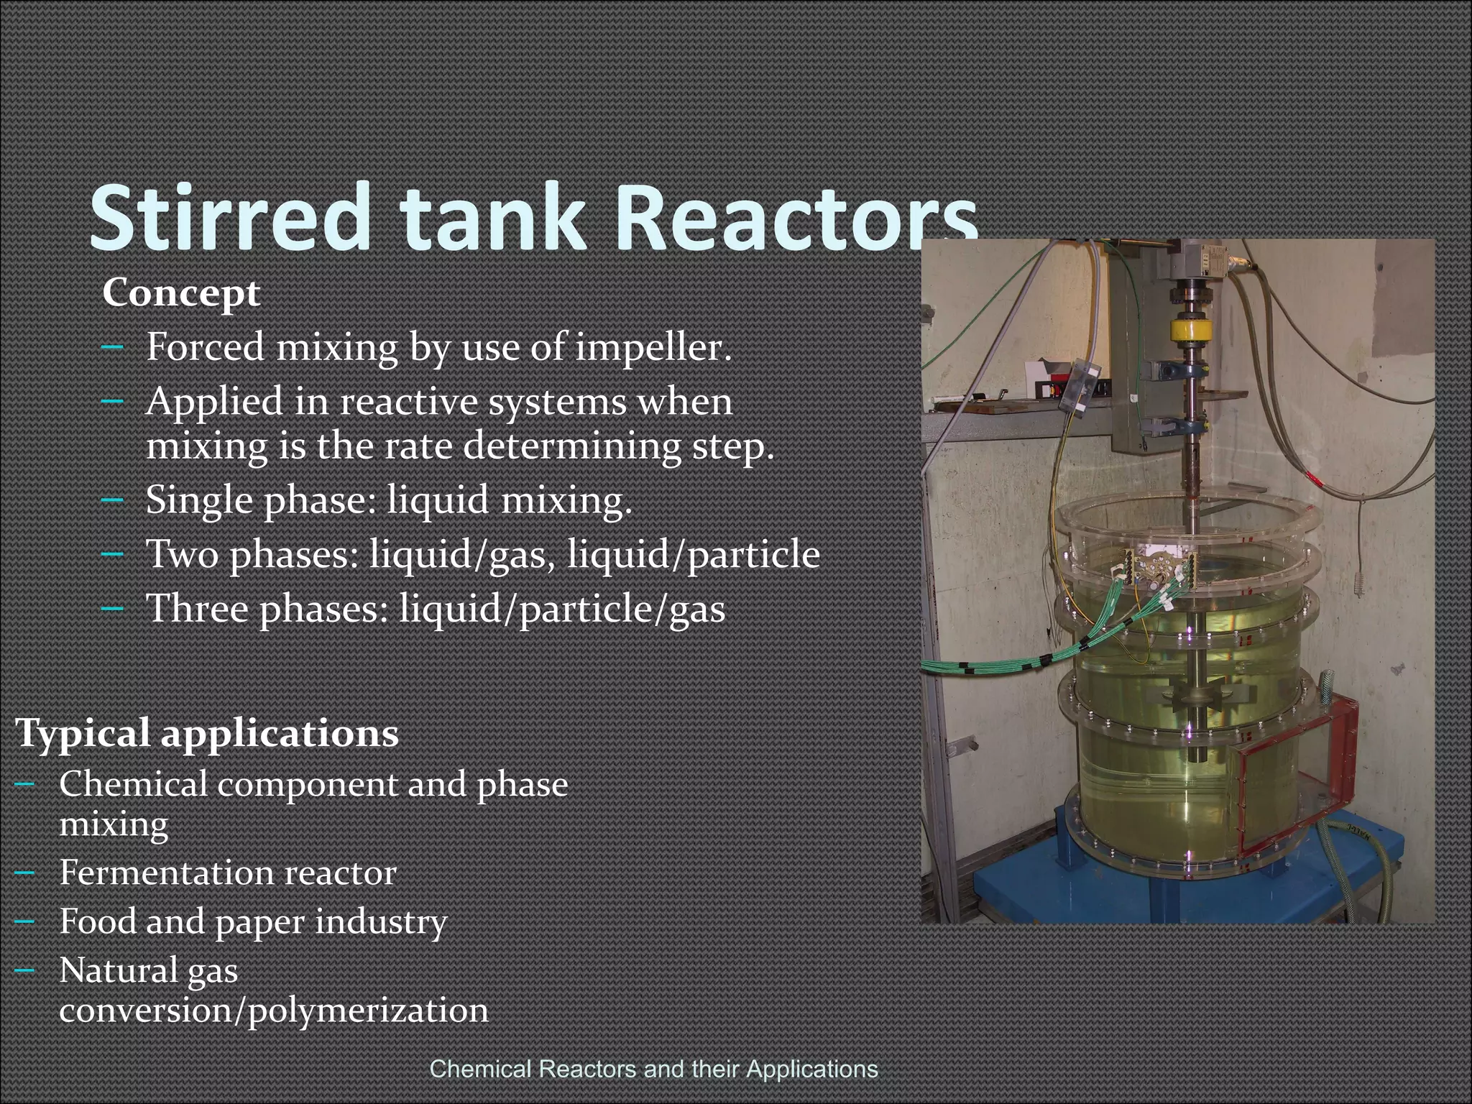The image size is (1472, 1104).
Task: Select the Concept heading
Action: click(x=181, y=293)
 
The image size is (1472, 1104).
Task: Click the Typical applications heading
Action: click(x=207, y=734)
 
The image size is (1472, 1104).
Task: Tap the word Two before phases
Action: click(x=182, y=554)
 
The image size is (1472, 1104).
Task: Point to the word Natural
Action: click(x=118, y=971)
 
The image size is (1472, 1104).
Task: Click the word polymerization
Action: click(x=368, y=1011)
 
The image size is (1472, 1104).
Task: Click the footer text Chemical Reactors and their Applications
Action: click(x=653, y=1069)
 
